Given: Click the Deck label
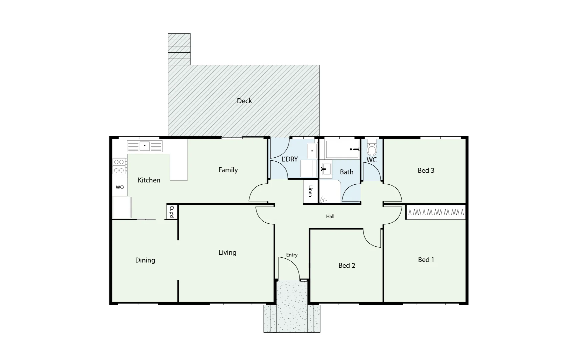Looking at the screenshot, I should coord(244,101).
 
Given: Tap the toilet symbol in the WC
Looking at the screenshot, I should coord(372,149).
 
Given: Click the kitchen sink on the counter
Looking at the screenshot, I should coord(145,146).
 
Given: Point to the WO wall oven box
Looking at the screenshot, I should coord(120,187).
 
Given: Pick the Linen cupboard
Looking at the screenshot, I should coord(310,191).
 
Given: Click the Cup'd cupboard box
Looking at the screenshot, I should coord(172,212).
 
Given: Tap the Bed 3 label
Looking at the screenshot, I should coord(426,170).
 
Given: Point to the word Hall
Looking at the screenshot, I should coord(330,216).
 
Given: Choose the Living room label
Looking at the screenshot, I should coord(227,252).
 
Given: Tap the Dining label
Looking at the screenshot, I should coord(145,260).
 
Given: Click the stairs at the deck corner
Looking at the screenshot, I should coord(179,49).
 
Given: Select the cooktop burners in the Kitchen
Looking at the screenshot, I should coord(119,166).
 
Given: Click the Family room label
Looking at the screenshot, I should coord(228,170).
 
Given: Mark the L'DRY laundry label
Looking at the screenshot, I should coord(290,159).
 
